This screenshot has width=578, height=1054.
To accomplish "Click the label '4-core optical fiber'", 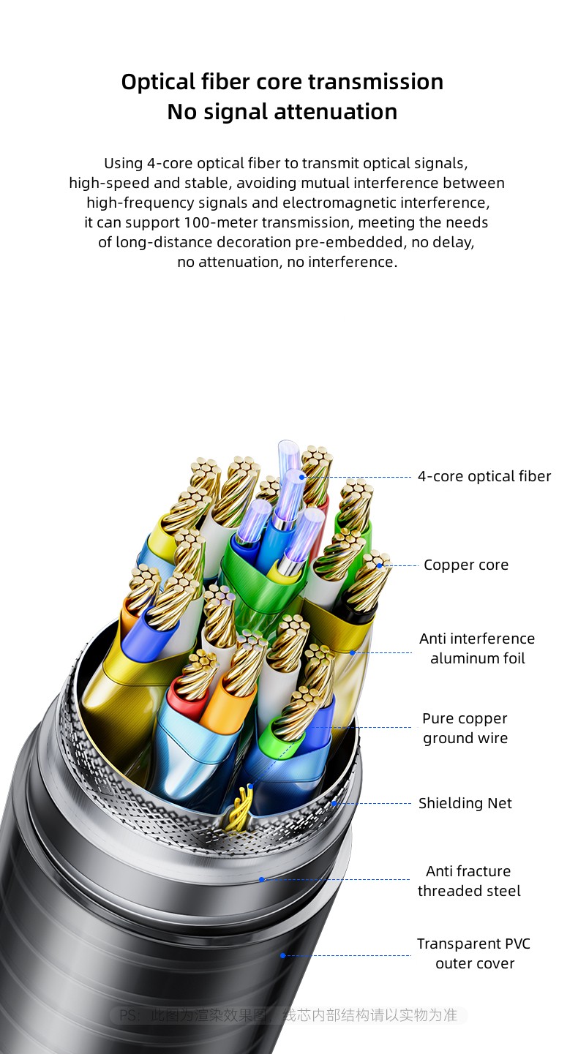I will [484, 476].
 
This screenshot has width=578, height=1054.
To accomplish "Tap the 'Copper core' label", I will [465, 565].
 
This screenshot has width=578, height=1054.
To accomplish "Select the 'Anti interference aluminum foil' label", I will [477, 648].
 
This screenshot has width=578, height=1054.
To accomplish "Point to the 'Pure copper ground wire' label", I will [465, 728].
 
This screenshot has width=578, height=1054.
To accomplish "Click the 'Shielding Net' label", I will [465, 803].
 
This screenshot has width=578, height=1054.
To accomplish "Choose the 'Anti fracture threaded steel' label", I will [469, 881].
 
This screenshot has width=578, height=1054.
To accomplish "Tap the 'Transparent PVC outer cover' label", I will [473, 953].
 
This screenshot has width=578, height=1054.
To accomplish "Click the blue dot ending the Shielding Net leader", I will [334, 803].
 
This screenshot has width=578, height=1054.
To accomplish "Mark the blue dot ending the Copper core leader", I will [380, 565].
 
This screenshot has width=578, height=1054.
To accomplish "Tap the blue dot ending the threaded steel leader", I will [262, 879].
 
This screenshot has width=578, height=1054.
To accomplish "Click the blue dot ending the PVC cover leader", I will [282, 955].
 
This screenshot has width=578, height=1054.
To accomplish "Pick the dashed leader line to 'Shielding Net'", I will [373, 803].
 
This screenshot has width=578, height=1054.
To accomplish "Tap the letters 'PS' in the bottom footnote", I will [128, 1015].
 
